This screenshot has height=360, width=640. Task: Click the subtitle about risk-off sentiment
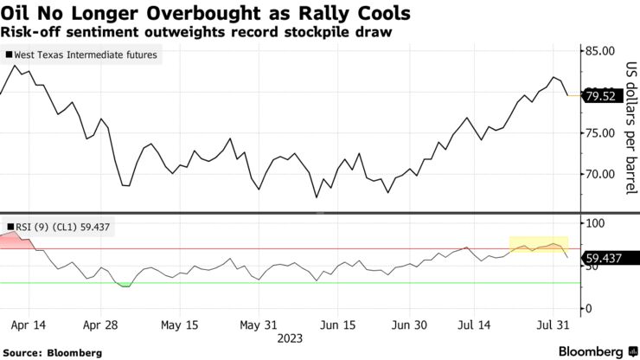pos(188,32)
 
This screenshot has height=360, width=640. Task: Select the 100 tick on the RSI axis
pos(595,224)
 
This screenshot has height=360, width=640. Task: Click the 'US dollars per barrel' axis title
pos(630,128)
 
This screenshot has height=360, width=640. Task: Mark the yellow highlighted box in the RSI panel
pos(538,245)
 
